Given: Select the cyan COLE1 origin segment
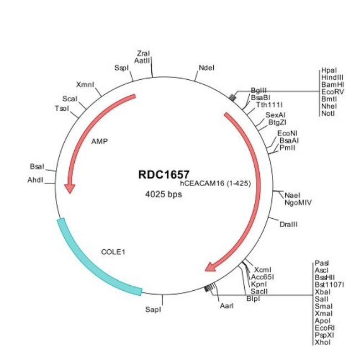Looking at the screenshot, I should coord(94,261).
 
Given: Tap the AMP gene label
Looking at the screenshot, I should coord(100,141).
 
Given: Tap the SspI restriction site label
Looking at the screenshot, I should coord(121,68).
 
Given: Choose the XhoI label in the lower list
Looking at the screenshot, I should coord(322,343).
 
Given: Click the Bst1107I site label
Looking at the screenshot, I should coord(329,285).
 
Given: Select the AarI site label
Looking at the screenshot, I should coord(227,305).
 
